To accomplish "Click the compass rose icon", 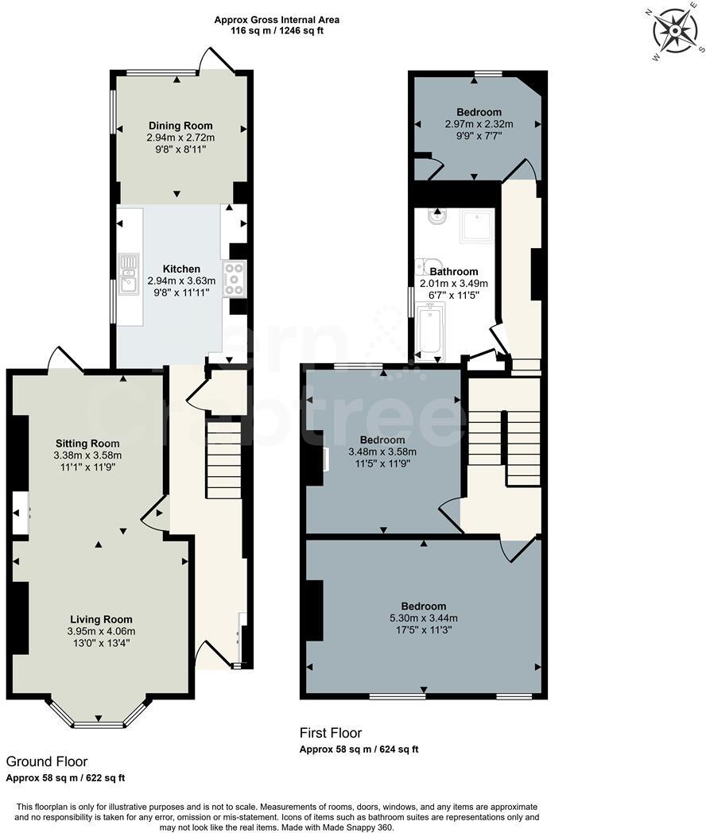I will pyautogui.click(x=674, y=31).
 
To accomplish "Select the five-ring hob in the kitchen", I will pyautogui.click(x=235, y=279).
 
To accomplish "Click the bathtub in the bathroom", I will pyautogui.click(x=429, y=332).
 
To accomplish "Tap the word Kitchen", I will pyautogui.click(x=181, y=269).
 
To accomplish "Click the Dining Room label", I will pyautogui.click(x=180, y=126).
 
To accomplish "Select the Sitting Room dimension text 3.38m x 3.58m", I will pyautogui.click(x=87, y=455).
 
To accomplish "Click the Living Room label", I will pyautogui.click(x=101, y=619).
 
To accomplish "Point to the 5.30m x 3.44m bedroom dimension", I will pyautogui.click(x=423, y=618).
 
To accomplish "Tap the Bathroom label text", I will pyautogui.click(x=454, y=271).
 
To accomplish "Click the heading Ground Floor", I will pyautogui.click(x=47, y=761).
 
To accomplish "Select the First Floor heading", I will pyautogui.click(x=331, y=732).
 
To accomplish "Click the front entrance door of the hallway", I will pyautogui.click(x=209, y=657).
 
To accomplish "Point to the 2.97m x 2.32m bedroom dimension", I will pyautogui.click(x=479, y=124).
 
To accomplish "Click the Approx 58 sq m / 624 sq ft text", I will pyautogui.click(x=359, y=750).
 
